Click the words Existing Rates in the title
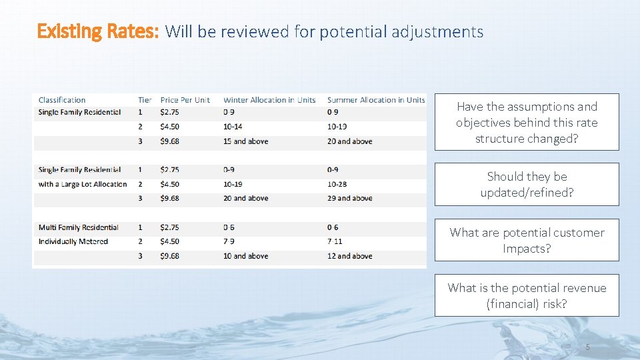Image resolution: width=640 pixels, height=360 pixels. click(98, 31)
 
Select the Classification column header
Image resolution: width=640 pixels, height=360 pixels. click(62, 100)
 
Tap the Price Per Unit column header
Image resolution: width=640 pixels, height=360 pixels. click(185, 100)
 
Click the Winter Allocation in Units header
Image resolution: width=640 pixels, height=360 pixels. click(269, 100)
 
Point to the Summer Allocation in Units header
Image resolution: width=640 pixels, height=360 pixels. click(375, 100)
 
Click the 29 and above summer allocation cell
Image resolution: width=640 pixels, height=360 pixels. click(349, 198)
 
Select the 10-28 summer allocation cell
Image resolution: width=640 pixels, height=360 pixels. click(337, 184)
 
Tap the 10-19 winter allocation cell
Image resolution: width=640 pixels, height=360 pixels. click(233, 184)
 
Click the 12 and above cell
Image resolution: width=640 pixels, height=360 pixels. click(349, 256)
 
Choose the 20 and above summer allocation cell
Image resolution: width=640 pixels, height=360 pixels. click(349, 141)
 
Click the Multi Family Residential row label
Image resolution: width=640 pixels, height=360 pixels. click(79, 227)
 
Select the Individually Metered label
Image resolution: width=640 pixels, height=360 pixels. click(73, 241)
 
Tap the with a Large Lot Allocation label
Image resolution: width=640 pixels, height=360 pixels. click(83, 184)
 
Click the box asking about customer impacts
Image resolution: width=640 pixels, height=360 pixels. click(527, 240)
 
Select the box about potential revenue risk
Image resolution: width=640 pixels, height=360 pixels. click(527, 295)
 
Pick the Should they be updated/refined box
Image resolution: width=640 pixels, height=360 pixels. click(527, 184)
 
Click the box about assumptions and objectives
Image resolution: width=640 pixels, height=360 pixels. click(527, 122)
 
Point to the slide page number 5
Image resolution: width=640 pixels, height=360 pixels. click(587, 347)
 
